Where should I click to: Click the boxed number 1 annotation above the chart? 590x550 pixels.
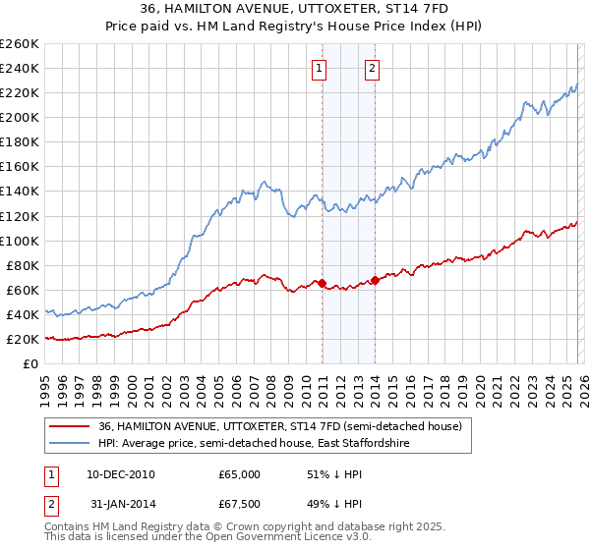[x=321, y=68]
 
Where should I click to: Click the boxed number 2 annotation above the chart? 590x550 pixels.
[x=374, y=68]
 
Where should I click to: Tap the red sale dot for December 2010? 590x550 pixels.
[x=322, y=283]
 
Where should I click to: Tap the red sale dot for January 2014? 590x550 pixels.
[x=376, y=280]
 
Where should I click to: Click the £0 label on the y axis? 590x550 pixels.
[x=29, y=363]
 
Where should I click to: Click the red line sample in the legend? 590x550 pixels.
[x=70, y=426]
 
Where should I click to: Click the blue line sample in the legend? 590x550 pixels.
[x=70, y=444]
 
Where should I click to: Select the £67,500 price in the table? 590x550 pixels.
[x=239, y=506]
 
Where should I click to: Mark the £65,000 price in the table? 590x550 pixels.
[x=239, y=474]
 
